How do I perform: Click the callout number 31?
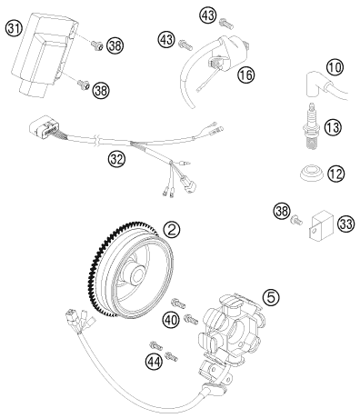click(14, 29)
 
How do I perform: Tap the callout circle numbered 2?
click(171, 231)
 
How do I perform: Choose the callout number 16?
click(246, 75)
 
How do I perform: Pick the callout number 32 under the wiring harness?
click(116, 159)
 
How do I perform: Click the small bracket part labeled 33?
click(322, 226)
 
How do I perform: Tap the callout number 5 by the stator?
click(271, 297)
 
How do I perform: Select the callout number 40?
click(171, 320)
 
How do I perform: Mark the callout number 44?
click(154, 362)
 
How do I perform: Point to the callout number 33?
click(345, 224)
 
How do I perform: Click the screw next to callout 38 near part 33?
click(296, 220)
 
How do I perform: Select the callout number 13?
click(333, 127)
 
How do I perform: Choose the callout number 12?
click(336, 174)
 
